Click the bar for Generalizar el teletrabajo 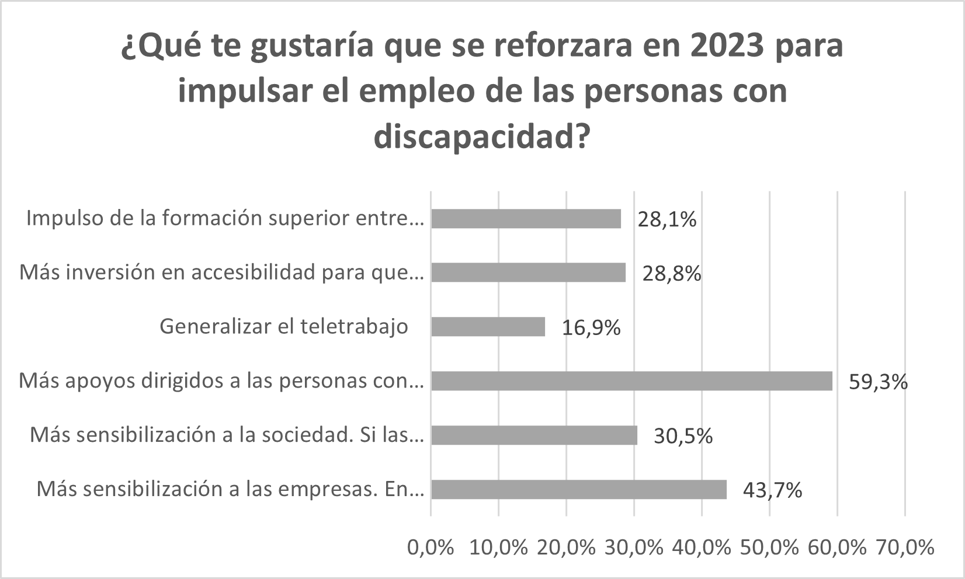pyautogui.click(x=488, y=327)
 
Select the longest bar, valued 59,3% pyautogui.click(x=631, y=381)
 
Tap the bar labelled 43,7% pyautogui.click(x=578, y=490)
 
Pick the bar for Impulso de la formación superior pyautogui.click(x=526, y=219)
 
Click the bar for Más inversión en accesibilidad pyautogui.click(x=528, y=273)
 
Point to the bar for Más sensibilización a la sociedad pyautogui.click(x=534, y=435)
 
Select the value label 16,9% pyautogui.click(x=591, y=328)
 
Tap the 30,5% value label pyautogui.click(x=683, y=436)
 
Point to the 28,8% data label pyautogui.click(x=672, y=273)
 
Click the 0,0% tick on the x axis pyautogui.click(x=431, y=547)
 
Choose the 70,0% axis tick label pyautogui.click(x=905, y=547)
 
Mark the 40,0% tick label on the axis pyautogui.click(x=702, y=547)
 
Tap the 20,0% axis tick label pyautogui.click(x=566, y=547)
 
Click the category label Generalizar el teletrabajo pyautogui.click(x=284, y=326)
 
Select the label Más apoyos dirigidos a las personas pyautogui.click(x=221, y=381)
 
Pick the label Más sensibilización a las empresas pyautogui.click(x=230, y=489)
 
